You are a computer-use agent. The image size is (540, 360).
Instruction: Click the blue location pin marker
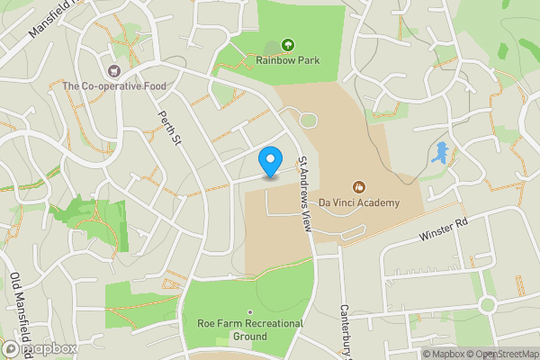click(x=269, y=161)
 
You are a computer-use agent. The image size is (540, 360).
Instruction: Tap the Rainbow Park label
click(x=287, y=60)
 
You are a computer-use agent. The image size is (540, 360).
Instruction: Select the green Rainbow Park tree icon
click(x=288, y=44)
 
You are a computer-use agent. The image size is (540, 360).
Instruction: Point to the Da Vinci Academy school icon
click(x=358, y=187)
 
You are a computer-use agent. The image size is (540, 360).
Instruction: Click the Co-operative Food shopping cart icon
click(x=113, y=70)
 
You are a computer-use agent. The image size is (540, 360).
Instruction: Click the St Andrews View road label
click(x=305, y=194)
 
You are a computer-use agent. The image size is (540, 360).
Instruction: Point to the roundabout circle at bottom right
click(x=488, y=305)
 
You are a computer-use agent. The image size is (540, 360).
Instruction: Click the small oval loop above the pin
click(x=308, y=120)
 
